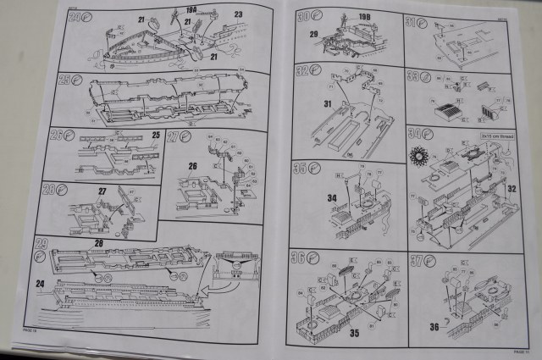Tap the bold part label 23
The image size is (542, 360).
[238, 14]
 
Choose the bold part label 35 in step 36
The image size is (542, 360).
[355, 333]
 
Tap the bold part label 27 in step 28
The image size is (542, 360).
[102, 191]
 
